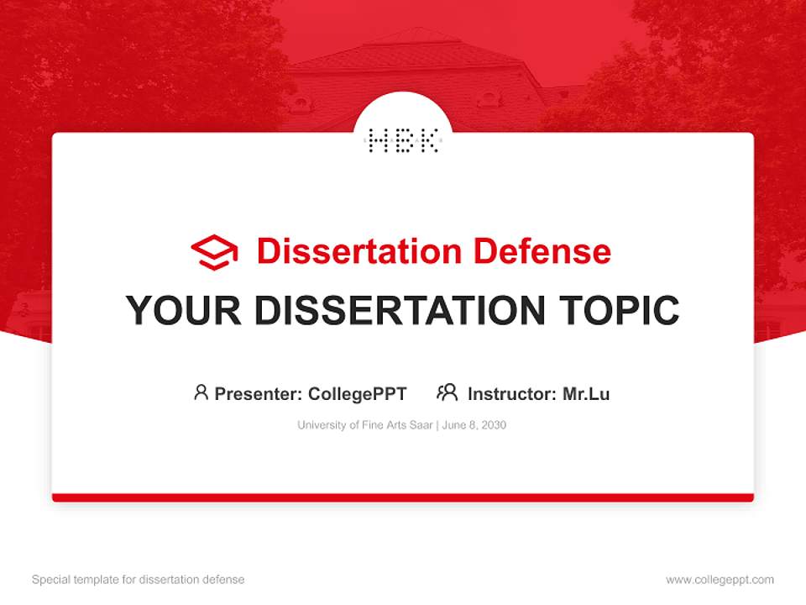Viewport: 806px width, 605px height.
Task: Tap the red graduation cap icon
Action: click(214, 252)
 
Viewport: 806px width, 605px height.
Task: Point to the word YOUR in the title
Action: click(184, 311)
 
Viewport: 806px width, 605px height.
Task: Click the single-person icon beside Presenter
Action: click(201, 392)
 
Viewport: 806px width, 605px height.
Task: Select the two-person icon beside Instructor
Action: click(447, 392)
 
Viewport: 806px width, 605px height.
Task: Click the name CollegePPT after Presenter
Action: click(357, 394)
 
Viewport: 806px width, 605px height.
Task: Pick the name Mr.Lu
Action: click(586, 394)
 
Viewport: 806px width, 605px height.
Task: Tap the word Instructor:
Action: click(511, 394)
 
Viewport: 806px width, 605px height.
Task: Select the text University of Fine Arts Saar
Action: click(364, 425)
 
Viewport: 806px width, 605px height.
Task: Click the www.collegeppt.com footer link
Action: click(720, 580)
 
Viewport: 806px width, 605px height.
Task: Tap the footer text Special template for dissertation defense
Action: click(139, 580)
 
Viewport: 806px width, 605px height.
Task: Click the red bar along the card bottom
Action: click(403, 497)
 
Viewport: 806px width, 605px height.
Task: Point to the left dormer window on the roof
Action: click(301, 103)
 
